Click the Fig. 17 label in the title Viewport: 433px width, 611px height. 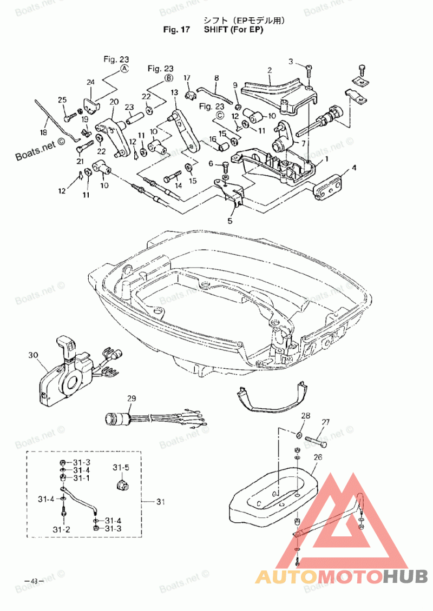pos(176,30)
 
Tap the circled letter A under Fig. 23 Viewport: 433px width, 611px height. pos(124,69)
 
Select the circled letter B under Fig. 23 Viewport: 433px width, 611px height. pos(168,78)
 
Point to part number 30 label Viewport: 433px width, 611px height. pos(33,355)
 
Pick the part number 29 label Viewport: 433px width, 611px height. pos(132,399)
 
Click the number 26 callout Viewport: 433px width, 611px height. pos(318,457)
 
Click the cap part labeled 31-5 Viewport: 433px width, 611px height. pos(122,485)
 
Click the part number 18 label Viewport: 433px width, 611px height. pos(44,132)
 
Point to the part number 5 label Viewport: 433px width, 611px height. pos(230,221)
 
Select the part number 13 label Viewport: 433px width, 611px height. pos(174,92)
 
